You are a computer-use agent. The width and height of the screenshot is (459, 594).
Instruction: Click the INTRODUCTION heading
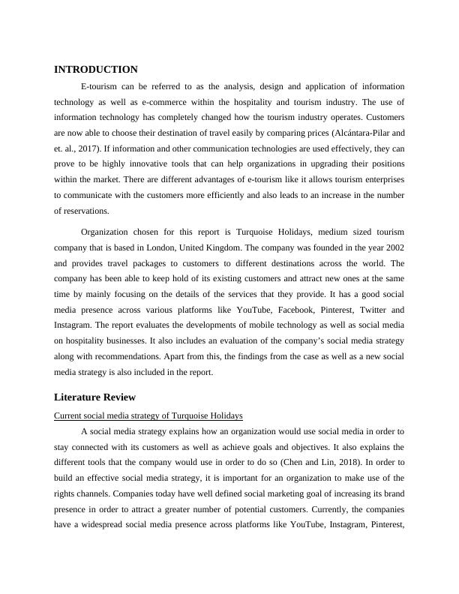pos(96,70)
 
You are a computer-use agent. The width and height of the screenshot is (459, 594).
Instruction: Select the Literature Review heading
pos(94,397)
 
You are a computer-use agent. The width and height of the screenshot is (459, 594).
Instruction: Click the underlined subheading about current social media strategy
pos(148,415)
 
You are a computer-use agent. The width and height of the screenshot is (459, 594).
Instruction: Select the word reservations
pos(84,211)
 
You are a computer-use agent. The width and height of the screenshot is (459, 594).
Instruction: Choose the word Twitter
pos(372,309)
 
